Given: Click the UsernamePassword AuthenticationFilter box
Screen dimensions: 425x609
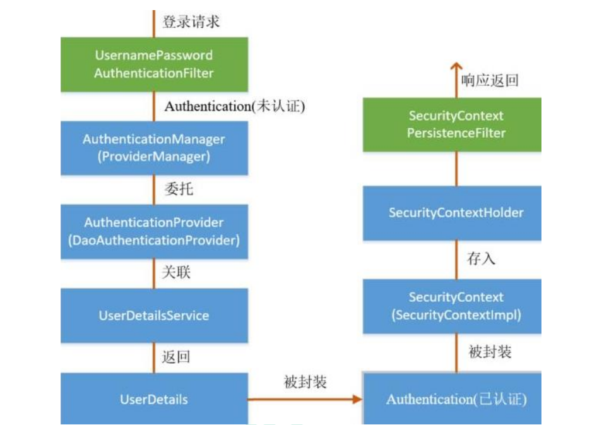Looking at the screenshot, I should click(154, 64).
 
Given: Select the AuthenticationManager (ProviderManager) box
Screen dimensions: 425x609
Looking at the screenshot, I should click(154, 148).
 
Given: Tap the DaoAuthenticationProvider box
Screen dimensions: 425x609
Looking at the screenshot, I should click(154, 231).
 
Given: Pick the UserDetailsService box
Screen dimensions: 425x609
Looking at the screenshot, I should click(154, 315).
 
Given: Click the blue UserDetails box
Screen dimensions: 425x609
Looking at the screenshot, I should click(154, 398).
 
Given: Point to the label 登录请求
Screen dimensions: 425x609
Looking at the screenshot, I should click(191, 21).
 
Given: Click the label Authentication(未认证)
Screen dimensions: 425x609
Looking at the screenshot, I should click(235, 106).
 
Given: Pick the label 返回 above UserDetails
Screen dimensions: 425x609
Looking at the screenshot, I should click(176, 357).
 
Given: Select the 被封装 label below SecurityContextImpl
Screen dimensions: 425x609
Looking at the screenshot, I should click(490, 352).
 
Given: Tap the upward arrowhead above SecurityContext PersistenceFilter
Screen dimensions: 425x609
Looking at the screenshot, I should click(456, 67).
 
